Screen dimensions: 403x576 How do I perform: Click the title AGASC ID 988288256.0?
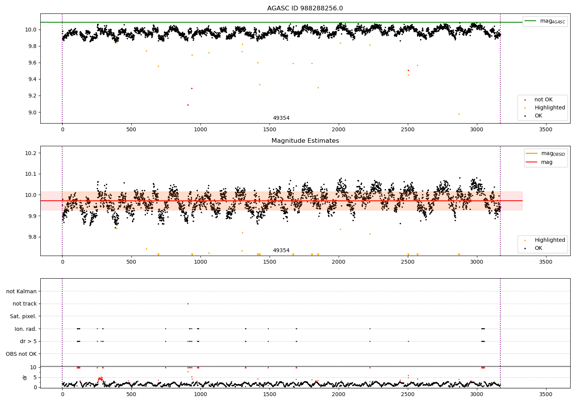coord(305,8)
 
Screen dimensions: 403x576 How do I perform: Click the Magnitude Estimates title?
coord(305,141)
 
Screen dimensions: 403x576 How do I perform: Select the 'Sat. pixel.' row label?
coord(23,316)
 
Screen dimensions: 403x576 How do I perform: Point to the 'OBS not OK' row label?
coord(21,354)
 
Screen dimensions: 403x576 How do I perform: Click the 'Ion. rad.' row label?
coord(25,329)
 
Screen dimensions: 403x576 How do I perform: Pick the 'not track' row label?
coord(25,304)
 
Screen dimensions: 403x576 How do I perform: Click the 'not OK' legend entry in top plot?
coord(543,100)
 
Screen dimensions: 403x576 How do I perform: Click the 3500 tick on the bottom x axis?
coord(546,394)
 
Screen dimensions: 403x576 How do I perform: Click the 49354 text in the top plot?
coord(281,118)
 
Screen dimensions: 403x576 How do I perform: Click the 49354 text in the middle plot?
coord(281,251)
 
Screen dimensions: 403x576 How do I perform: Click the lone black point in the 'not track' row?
coord(188,304)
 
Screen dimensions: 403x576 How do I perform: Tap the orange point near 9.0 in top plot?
coord(459,114)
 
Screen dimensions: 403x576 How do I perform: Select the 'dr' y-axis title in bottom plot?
coord(25,377)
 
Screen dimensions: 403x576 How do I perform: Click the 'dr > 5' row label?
coord(28,341)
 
